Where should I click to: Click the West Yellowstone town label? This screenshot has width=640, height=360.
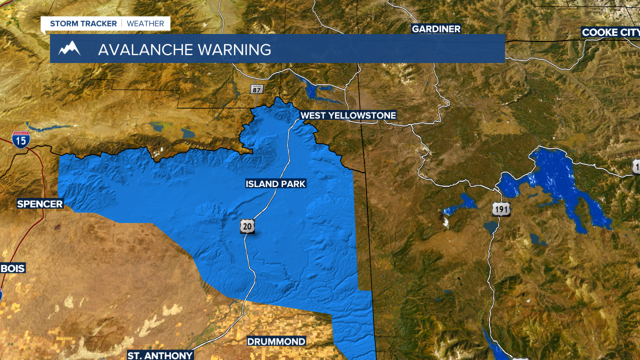pos(348,115)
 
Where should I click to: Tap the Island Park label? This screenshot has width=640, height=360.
pos(275,184)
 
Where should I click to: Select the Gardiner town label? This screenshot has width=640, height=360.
pos(436,29)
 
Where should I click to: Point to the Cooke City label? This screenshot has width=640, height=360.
pos(610,32)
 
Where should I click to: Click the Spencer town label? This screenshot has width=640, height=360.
pos(40,203)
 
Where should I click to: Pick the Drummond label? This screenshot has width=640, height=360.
pos(276,341)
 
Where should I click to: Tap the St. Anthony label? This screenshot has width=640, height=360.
pos(160,355)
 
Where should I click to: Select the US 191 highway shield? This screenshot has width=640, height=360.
pos(501,209)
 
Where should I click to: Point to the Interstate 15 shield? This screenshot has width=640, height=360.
pos(21,139)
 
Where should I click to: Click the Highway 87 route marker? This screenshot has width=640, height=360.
pos(256,89)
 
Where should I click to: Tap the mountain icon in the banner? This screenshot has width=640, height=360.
pos(69,49)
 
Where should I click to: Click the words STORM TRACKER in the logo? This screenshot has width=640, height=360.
pos(83,23)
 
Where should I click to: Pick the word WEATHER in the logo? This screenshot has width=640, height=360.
pos(145,23)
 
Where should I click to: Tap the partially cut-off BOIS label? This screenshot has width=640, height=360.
pos(12,268)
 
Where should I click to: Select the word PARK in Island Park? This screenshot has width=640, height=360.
pos(292,184)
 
